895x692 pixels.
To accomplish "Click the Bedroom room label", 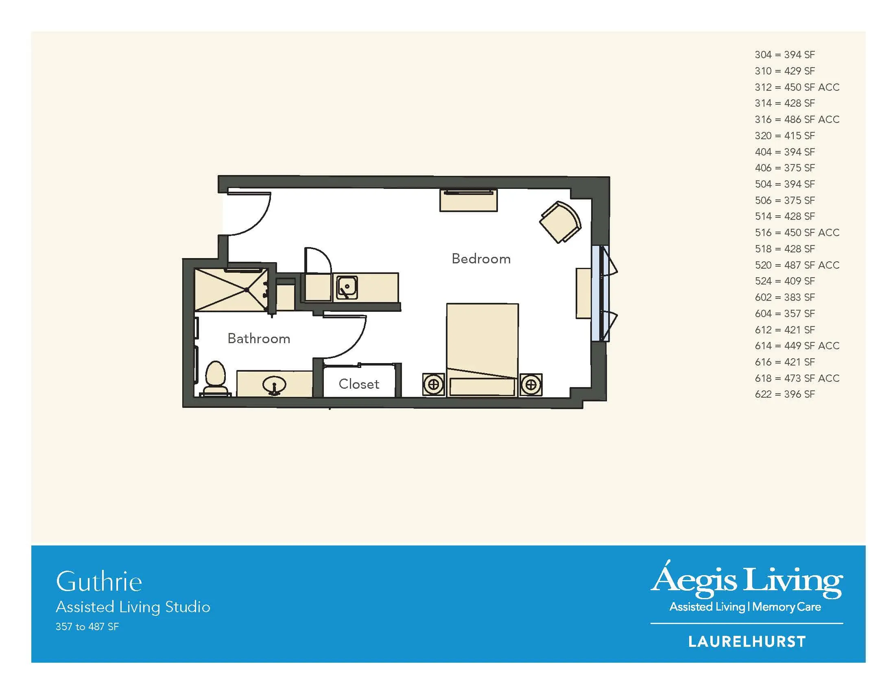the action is tap(481, 258).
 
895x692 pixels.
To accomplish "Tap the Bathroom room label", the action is tap(259, 339).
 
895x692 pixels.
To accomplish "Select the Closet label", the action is tap(359, 384).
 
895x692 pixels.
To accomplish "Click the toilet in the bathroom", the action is tap(216, 379).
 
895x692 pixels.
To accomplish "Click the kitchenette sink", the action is tap(347, 287).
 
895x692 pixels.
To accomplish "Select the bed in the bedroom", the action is tap(482, 350).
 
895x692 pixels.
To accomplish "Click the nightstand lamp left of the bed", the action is tap(434, 385).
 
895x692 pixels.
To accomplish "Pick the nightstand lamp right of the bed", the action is tap(531, 385).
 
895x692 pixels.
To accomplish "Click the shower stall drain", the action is tap(247, 290).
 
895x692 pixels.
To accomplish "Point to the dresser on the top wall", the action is tap(468, 200).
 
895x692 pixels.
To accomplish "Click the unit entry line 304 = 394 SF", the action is tap(785, 55).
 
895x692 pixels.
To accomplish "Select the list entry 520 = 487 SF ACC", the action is tap(797, 265).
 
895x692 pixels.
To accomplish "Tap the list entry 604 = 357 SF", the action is tap(785, 313).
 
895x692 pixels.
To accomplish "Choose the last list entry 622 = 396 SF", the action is tap(785, 394).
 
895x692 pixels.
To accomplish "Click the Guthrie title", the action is tap(99, 581).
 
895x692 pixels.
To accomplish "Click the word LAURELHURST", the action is tap(747, 642).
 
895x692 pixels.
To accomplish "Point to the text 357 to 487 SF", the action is tap(87, 627).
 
